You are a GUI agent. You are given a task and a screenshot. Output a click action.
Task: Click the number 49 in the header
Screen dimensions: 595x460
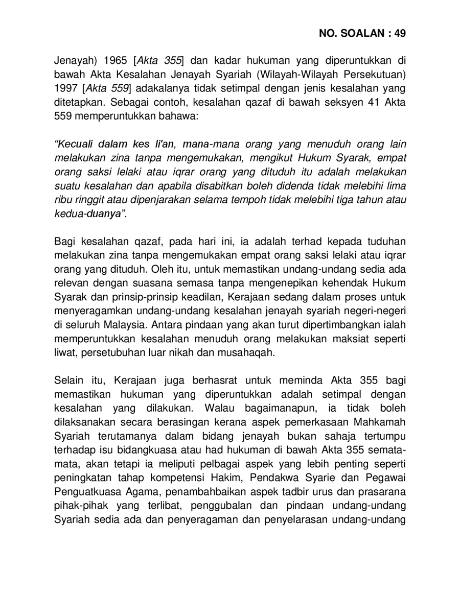[x=399, y=33]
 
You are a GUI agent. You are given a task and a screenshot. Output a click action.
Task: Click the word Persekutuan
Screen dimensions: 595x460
[x=379, y=75]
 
